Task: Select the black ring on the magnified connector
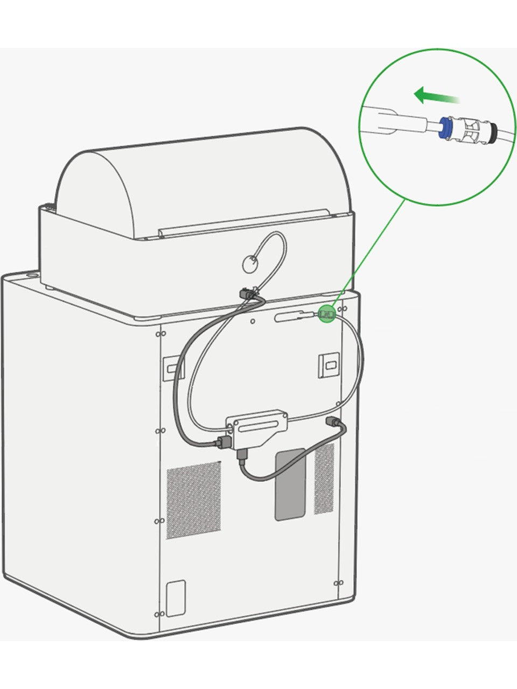coord(491,132)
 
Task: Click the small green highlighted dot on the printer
coord(326,313)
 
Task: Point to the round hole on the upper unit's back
coord(249,264)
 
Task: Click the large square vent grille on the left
coord(193,500)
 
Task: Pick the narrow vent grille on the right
coord(324,479)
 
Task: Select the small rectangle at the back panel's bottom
coord(176,598)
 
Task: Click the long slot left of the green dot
coord(290,318)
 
